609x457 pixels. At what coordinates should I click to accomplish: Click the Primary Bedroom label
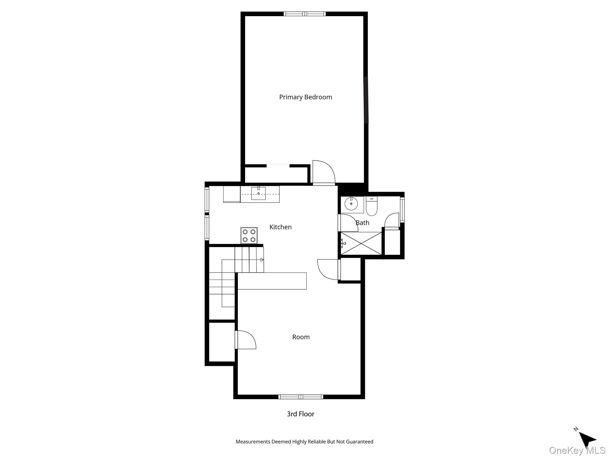tap(305, 97)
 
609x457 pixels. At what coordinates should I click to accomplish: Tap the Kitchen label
tap(280, 227)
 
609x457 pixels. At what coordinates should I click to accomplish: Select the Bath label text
tap(362, 223)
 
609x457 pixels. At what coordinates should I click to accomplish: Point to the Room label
tap(301, 337)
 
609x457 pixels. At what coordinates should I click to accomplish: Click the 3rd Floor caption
tap(300, 414)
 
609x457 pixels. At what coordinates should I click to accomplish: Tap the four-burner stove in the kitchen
tap(249, 235)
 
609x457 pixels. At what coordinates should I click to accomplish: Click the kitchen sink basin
tap(258, 194)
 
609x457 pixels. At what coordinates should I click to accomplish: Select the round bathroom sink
tap(351, 204)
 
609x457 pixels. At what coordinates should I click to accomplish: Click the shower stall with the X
tap(361, 243)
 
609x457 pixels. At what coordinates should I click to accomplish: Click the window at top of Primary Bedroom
tap(304, 14)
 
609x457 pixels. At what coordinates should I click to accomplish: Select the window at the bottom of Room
tap(301, 397)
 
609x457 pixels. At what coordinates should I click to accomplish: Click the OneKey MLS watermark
tap(577, 450)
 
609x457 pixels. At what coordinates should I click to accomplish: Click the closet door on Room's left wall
tap(246, 340)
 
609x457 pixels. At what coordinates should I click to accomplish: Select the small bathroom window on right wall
tap(402, 210)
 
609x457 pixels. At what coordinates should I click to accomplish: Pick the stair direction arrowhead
tap(262, 260)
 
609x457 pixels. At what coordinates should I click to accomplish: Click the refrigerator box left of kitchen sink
tap(232, 194)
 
